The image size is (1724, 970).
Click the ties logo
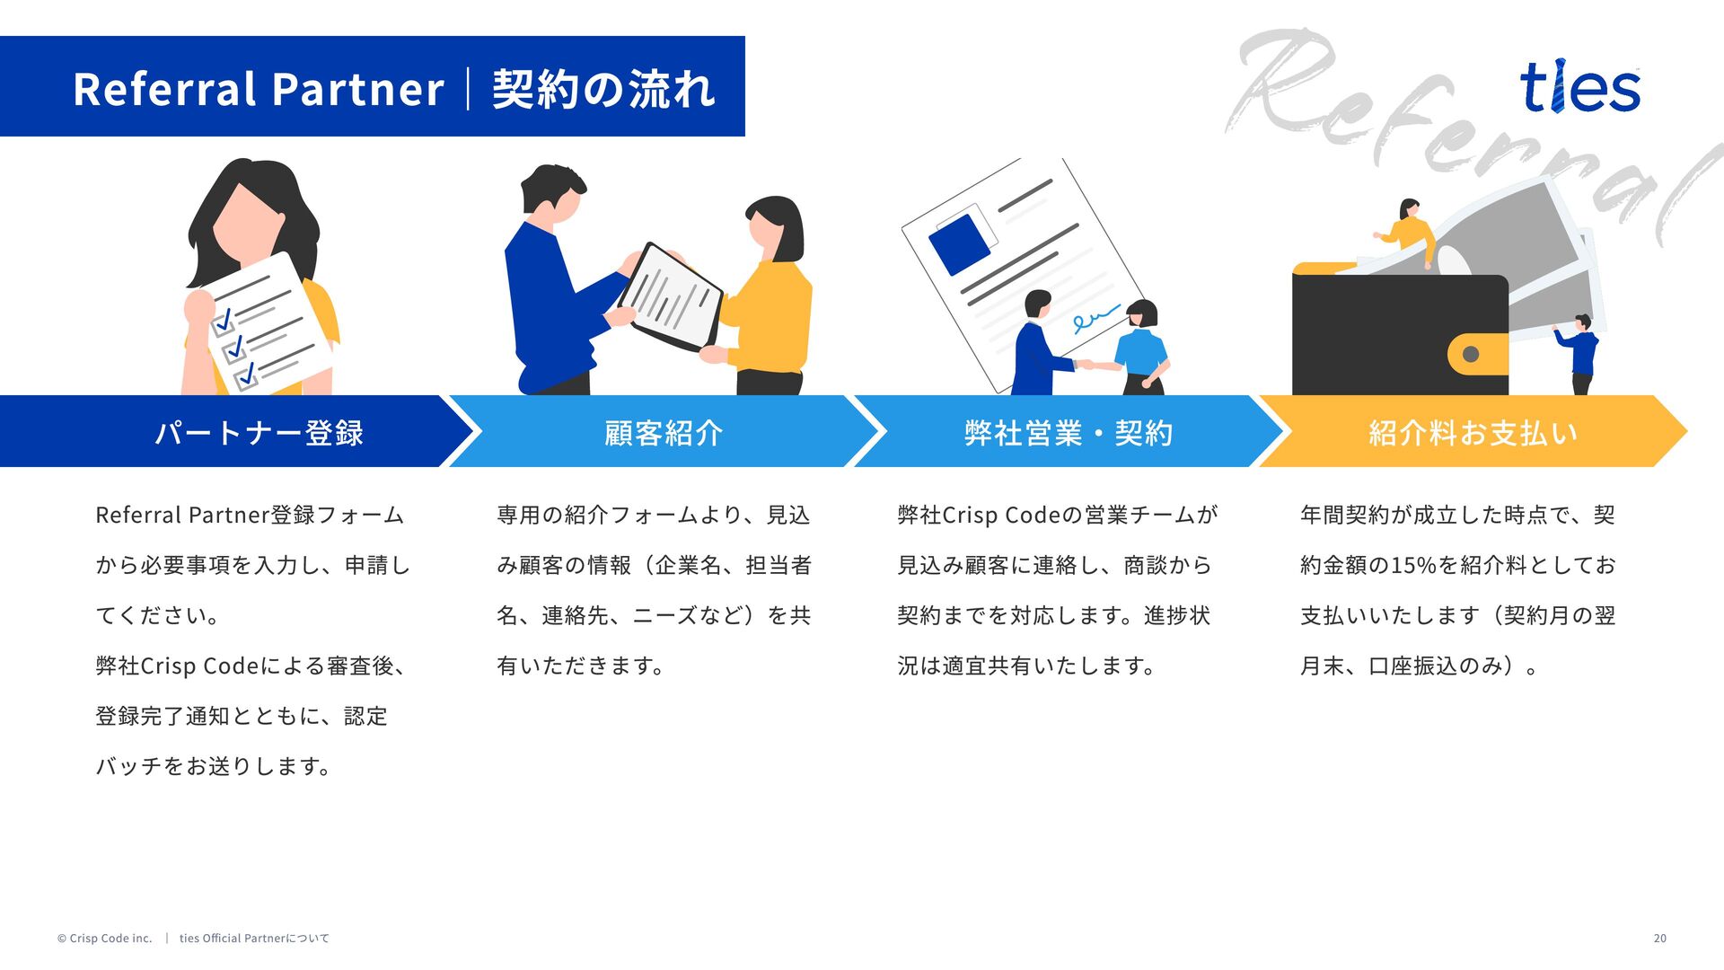(x=1579, y=88)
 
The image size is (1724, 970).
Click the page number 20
(x=1659, y=939)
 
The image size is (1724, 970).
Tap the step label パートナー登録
(x=259, y=433)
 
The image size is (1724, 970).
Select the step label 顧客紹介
(x=664, y=433)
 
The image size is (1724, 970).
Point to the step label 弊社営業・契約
(x=1068, y=433)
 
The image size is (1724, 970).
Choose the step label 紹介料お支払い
(x=1473, y=433)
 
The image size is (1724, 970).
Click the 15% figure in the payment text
(x=1413, y=566)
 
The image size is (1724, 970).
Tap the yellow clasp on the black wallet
(x=1474, y=354)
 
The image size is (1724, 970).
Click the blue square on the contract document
(x=959, y=242)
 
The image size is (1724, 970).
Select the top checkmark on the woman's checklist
(x=224, y=319)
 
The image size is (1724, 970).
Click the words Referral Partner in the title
(x=259, y=89)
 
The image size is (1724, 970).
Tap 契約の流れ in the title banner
(x=603, y=89)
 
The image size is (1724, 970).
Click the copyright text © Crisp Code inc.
(x=105, y=939)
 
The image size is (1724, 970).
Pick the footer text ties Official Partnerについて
(x=254, y=939)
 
